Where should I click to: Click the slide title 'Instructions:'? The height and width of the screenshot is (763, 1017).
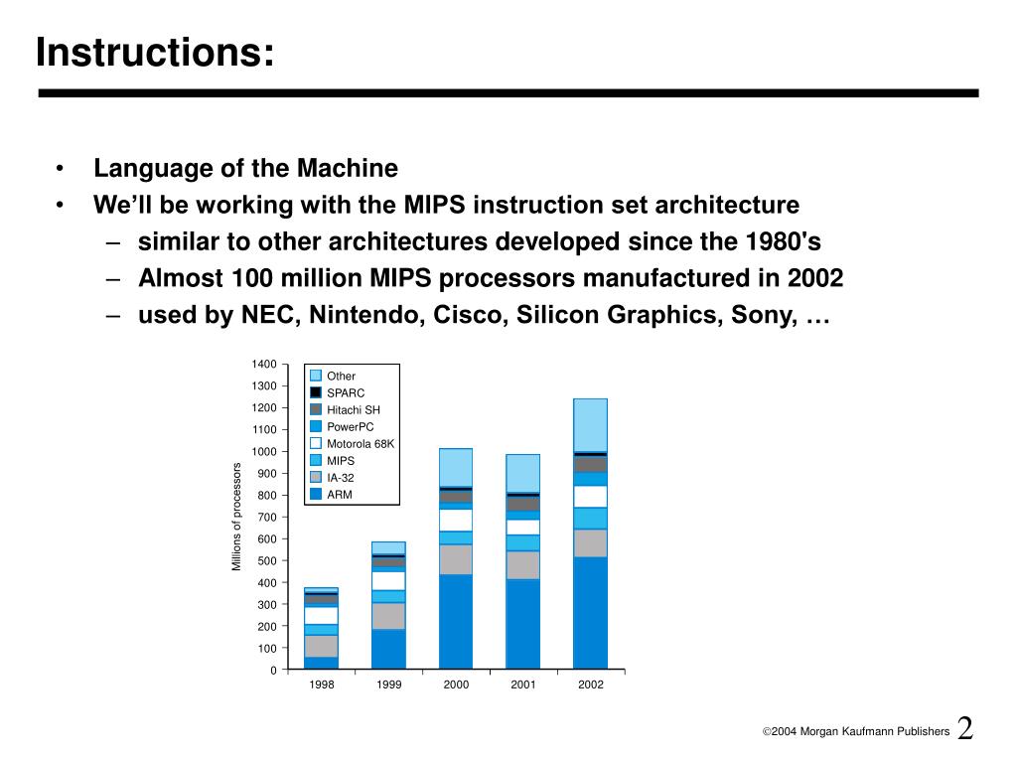coord(155,52)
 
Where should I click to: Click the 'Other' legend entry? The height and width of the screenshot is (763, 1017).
coord(341,377)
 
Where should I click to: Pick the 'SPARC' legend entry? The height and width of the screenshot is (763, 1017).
coord(346,393)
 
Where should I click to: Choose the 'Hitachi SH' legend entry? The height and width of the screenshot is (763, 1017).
coord(353,410)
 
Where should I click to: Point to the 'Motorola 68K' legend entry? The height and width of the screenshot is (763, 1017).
coord(361,444)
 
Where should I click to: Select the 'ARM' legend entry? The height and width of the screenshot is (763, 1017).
coord(340,495)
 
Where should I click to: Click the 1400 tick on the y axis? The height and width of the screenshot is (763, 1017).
coord(264,365)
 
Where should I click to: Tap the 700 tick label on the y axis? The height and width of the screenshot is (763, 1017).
coord(267,518)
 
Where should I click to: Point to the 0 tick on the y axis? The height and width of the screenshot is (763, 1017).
coord(273,671)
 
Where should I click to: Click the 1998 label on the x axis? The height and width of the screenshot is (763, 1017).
coord(321,686)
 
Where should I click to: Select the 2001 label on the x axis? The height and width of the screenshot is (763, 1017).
coord(523,686)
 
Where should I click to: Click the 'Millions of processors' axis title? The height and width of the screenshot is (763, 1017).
coord(237,517)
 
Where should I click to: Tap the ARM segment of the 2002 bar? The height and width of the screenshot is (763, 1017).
coord(590,612)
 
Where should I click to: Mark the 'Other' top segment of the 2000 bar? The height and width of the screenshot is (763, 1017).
coord(456,467)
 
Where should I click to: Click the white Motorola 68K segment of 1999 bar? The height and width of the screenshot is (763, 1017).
coord(388,580)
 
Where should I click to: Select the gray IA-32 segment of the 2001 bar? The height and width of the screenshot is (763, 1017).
coord(523,565)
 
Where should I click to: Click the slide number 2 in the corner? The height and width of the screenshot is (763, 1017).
coord(965,728)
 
